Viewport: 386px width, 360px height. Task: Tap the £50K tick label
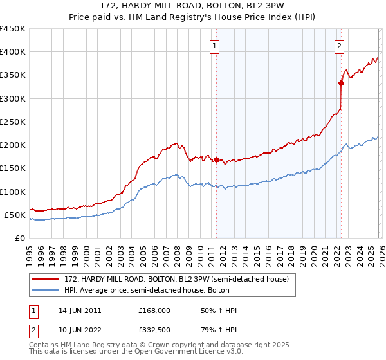tap(15, 215)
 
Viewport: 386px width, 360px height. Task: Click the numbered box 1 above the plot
tap(214, 46)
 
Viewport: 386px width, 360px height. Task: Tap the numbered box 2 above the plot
tap(339, 46)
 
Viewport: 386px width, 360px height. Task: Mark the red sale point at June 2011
tap(216, 159)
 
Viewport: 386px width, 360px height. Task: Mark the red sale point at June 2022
tap(341, 83)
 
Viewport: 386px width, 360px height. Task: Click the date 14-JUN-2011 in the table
tap(80, 310)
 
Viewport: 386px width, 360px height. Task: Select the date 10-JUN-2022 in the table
tap(80, 331)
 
